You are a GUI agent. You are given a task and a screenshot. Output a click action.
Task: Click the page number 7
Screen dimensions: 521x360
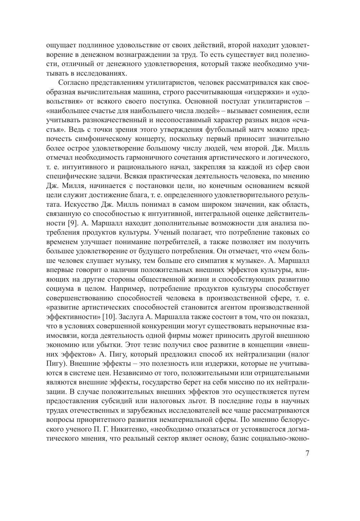(x=307, y=454)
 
